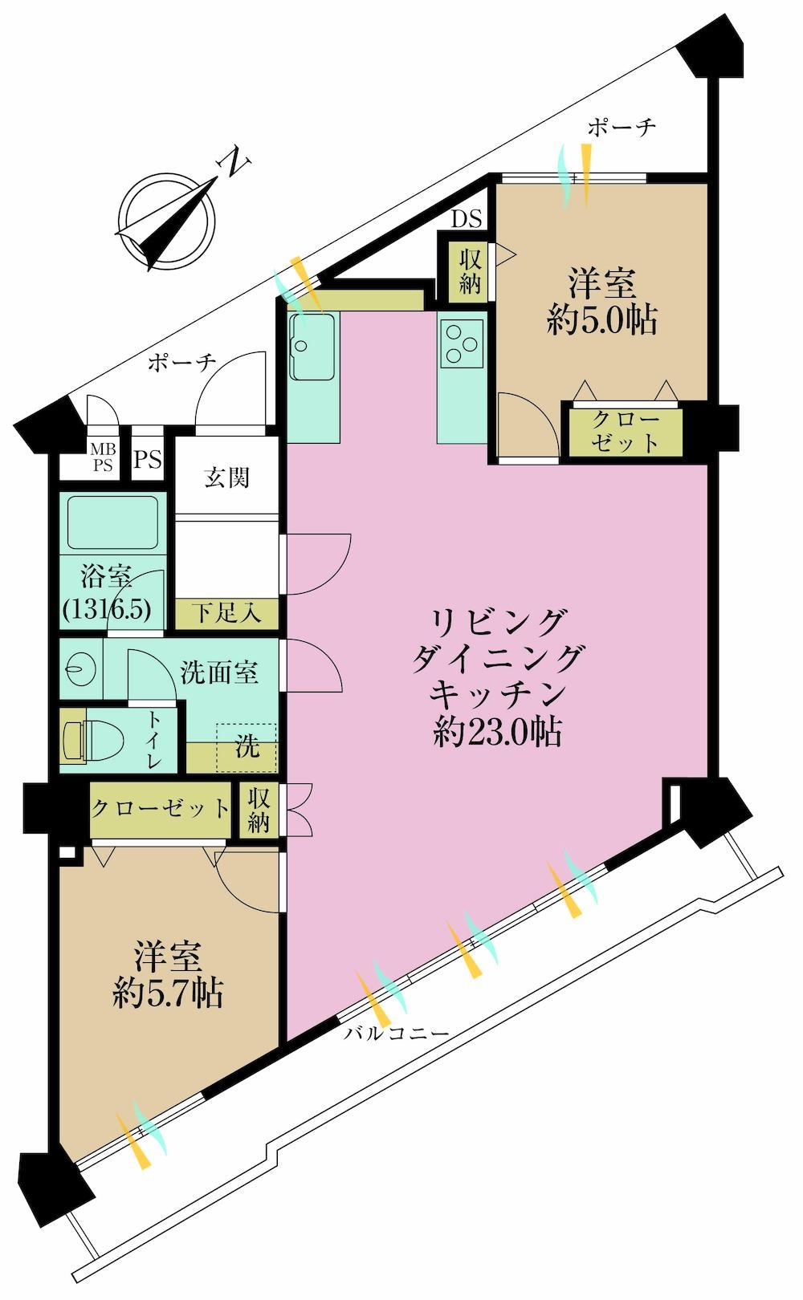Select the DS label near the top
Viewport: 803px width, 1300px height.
pos(467,219)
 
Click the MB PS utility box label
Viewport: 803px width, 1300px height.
pos(103,458)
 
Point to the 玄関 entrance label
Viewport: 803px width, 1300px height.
pos(227,477)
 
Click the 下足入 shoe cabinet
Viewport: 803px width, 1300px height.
pos(227,613)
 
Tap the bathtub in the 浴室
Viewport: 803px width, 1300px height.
pos(113,523)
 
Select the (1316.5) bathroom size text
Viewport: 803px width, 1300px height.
pos(107,609)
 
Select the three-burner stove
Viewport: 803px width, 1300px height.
pos(463,343)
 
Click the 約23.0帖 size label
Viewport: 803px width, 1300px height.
pos(497,733)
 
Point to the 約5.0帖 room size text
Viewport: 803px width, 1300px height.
pos(602,319)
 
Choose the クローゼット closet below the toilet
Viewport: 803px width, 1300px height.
pos(161,808)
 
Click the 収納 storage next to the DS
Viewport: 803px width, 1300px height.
pos(471,271)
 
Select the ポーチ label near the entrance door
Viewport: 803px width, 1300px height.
pos(181,363)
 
